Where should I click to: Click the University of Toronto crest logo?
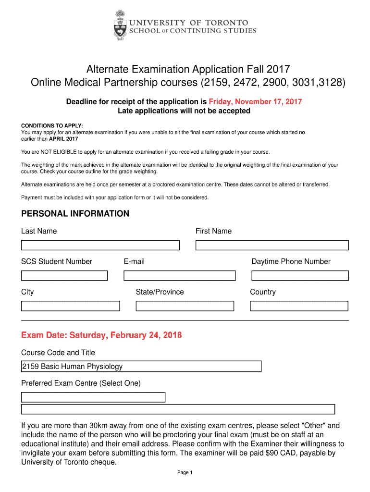[x=121, y=25]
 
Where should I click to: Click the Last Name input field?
[x=100, y=245]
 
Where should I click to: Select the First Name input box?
[x=272, y=245]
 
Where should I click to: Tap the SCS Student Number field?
[x=64, y=276]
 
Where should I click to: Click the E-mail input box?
[x=179, y=276]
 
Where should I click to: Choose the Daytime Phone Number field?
[x=300, y=276]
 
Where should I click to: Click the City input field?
[x=70, y=306]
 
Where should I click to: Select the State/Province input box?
[x=185, y=306]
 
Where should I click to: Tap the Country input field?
[x=299, y=306]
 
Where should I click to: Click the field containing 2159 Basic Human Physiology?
[x=141, y=367]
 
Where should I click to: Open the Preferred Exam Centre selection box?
[x=93, y=397]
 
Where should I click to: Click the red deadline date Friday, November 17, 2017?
[x=255, y=102]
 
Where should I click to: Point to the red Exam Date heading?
[x=101, y=335]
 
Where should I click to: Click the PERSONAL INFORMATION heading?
[x=75, y=214]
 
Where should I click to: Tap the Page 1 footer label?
[x=185, y=473]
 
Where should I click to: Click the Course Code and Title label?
[x=58, y=353]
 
